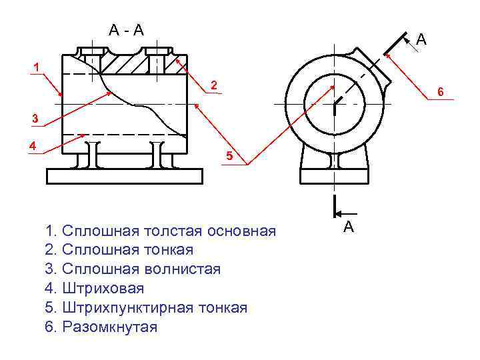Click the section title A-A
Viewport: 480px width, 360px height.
click(127, 29)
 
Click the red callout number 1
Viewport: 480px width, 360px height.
click(37, 67)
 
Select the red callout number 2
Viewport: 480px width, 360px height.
click(213, 86)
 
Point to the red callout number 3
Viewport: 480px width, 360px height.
click(37, 119)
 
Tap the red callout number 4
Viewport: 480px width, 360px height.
click(31, 145)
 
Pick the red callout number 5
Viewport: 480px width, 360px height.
click(229, 157)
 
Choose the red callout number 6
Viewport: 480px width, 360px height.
click(440, 91)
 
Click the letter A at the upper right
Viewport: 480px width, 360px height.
click(421, 41)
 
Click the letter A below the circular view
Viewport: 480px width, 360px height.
click(348, 227)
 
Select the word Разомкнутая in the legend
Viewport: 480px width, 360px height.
click(110, 327)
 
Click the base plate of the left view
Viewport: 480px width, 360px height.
click(124, 175)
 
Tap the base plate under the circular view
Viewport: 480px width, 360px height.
click(335, 176)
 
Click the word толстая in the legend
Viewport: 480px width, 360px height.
click(173, 231)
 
